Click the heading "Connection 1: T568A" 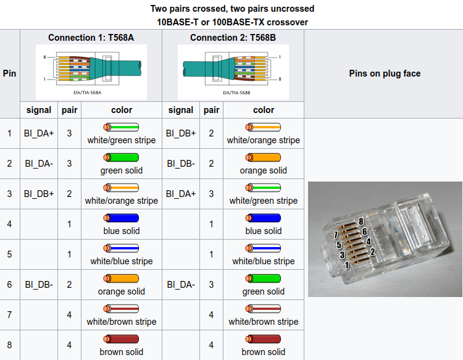pos(91,38)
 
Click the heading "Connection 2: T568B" pos(233,38)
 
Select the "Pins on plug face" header pos(385,73)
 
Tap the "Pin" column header pos(9,73)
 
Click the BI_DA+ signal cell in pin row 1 pos(39,133)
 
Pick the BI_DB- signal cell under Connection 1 pos(39,285)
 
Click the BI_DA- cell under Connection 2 pos(181,285)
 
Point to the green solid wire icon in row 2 pos(121,157)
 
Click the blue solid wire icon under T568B pos(263,218)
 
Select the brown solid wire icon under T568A pos(121,339)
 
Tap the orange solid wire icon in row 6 pos(121,278)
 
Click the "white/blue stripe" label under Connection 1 pos(122,261)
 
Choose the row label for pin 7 pos(9,314)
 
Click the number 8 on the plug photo pos(361,222)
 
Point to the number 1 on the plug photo pos(347,265)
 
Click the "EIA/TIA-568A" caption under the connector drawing pos(88,93)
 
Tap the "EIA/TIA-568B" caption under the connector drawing pos(236,93)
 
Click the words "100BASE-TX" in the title pos(235,22)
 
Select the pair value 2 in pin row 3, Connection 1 pos(69,194)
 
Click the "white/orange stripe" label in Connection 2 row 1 pos(264,140)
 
